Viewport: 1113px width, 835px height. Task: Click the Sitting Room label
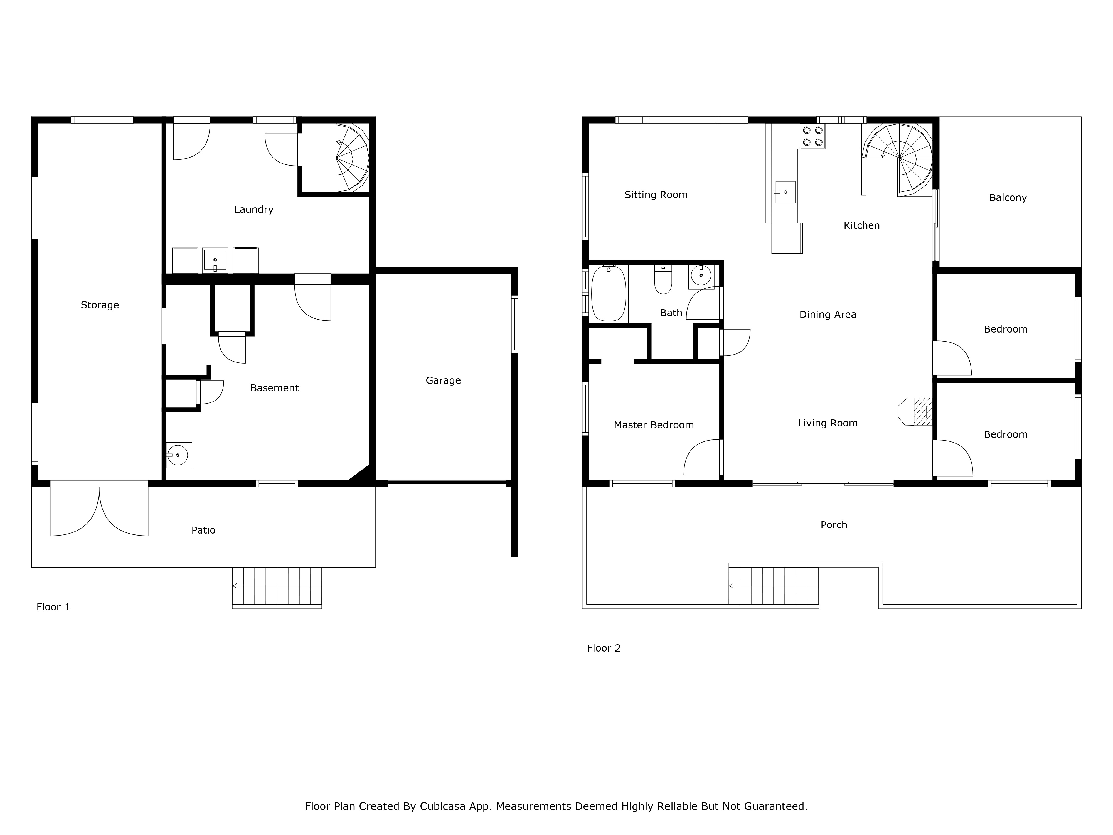(x=656, y=195)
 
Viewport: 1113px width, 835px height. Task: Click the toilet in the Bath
(x=663, y=279)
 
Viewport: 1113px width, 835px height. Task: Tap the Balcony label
(x=1008, y=198)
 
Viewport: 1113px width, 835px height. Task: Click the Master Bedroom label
(x=654, y=425)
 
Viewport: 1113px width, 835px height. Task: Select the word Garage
(x=443, y=380)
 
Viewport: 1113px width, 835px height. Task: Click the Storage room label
(x=100, y=305)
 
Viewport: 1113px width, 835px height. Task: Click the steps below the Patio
(x=277, y=587)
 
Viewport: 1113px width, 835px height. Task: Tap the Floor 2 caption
(x=604, y=648)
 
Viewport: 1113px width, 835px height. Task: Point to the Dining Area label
(x=828, y=315)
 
